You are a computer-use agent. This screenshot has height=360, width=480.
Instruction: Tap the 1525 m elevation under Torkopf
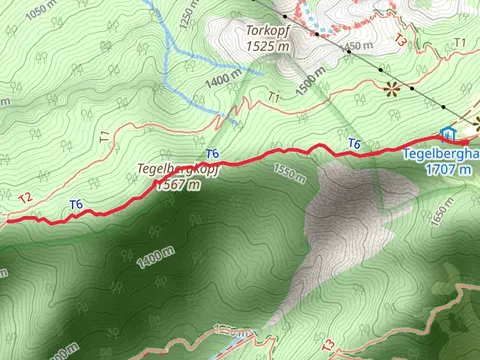[268, 46]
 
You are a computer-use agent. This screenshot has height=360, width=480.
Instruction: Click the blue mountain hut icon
[448, 133]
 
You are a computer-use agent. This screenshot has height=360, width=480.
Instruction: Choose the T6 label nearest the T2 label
[76, 204]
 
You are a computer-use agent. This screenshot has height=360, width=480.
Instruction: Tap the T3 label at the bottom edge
[330, 344]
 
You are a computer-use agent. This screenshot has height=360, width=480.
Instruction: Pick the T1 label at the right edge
[459, 42]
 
